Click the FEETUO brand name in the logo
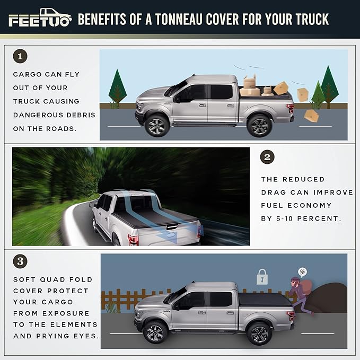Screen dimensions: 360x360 coord(39,21)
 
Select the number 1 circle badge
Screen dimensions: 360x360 coord(20,56)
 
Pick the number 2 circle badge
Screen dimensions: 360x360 coord(268,156)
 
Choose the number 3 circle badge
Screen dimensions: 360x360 coord(20,261)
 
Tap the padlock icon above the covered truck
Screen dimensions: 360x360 coord(262,277)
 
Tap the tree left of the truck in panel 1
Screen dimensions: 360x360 coord(117,87)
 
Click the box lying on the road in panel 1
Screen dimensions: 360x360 coord(311,116)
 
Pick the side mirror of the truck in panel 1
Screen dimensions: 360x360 coord(177,99)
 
